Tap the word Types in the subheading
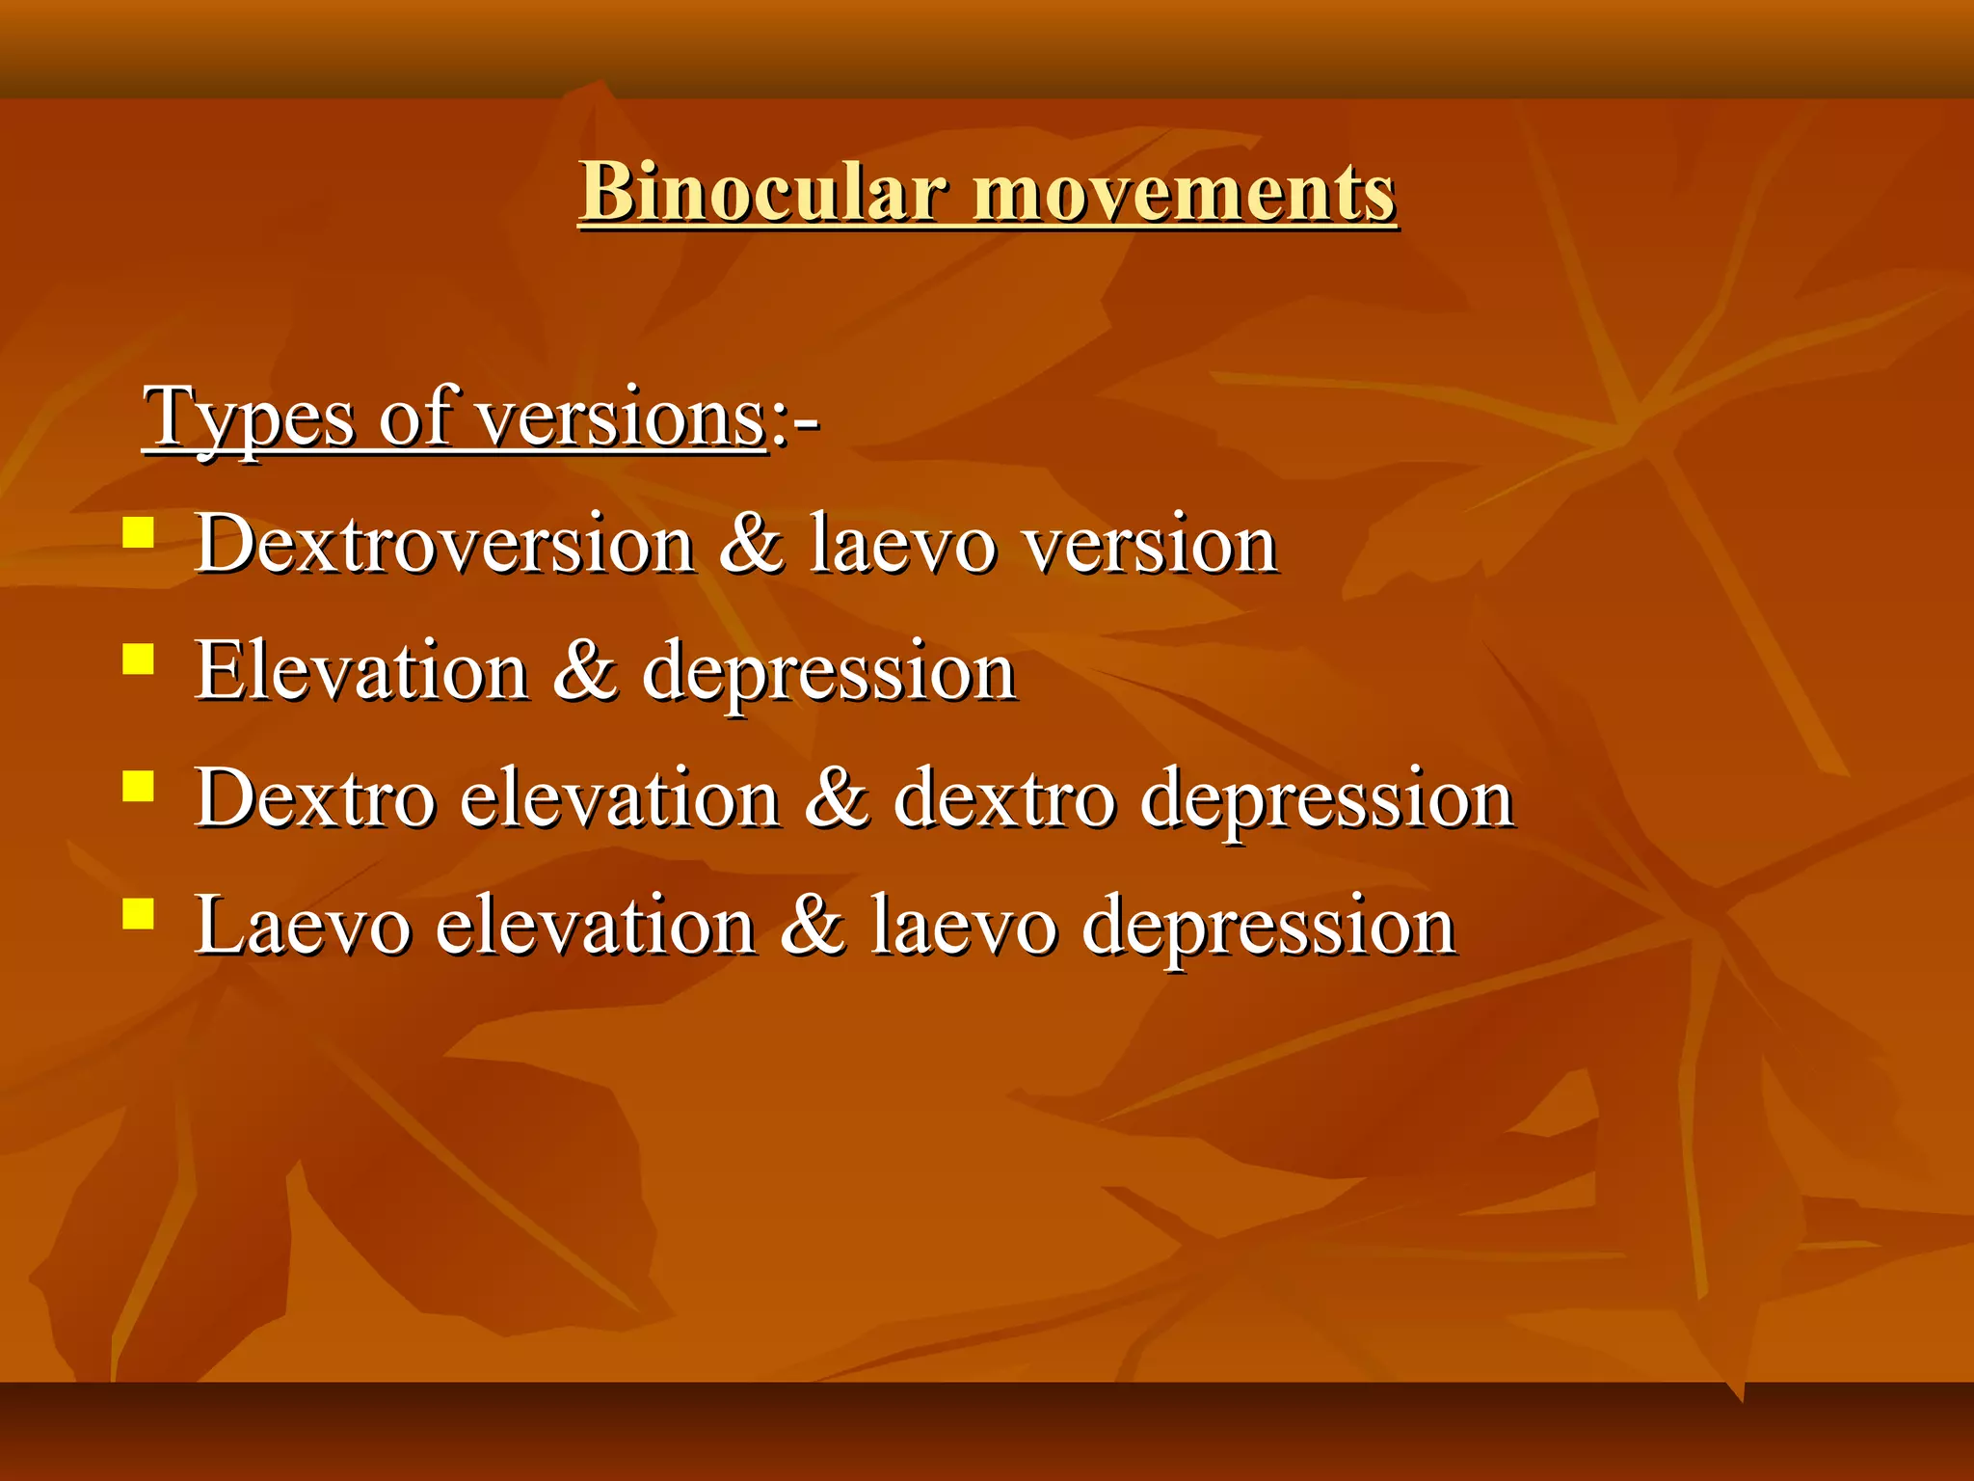[250, 417]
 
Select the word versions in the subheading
[623, 417]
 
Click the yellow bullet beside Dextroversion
[139, 532]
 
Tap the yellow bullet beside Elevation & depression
[139, 660]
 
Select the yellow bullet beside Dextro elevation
[139, 787]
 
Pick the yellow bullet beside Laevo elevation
[139, 913]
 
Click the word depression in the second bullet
[829, 672]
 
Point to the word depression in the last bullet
[1268, 926]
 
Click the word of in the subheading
[416, 417]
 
